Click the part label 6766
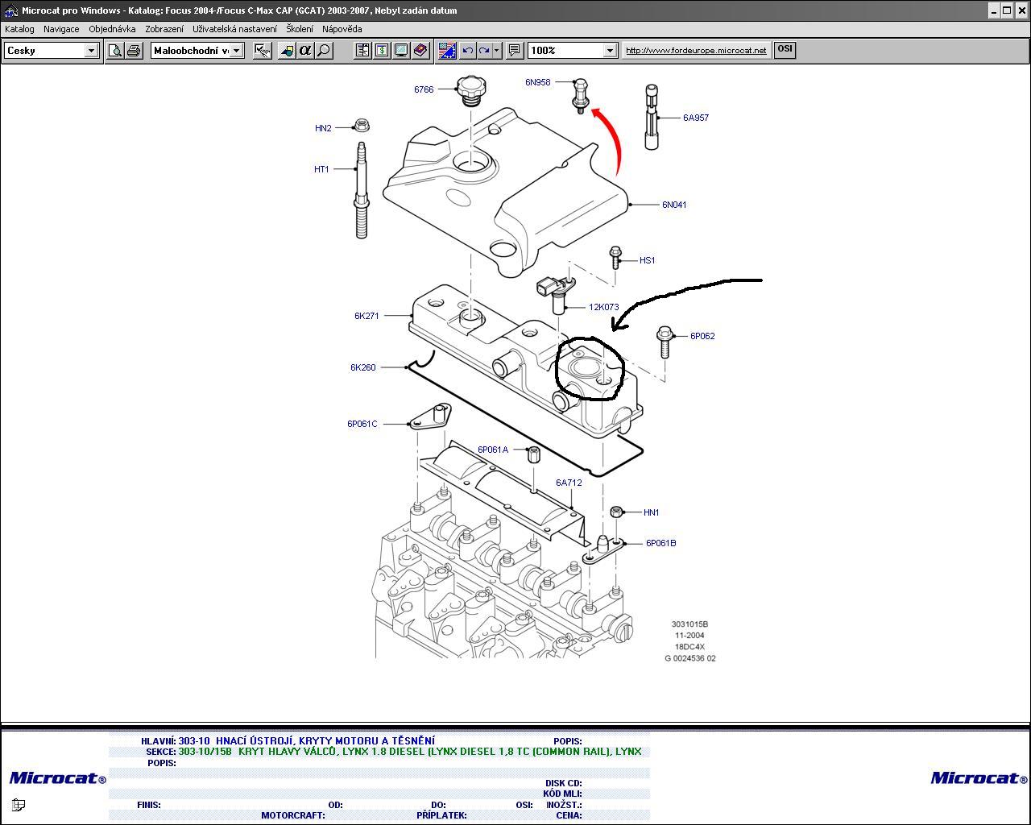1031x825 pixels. tap(424, 89)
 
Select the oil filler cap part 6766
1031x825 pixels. tap(469, 89)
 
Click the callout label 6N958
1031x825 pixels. tap(537, 82)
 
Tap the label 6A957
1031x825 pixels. tap(696, 118)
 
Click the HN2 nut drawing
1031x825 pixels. tap(362, 126)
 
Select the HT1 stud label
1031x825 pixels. tap(321, 169)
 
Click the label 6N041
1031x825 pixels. tap(674, 205)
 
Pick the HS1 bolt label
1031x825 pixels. tap(647, 260)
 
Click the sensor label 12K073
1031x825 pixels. tap(603, 307)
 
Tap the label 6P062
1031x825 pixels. tap(702, 336)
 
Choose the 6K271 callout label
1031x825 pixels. tap(366, 316)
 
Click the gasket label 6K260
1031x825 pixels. tap(362, 367)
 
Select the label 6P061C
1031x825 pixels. tap(362, 424)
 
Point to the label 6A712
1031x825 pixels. tap(568, 483)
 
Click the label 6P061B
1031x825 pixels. tap(660, 543)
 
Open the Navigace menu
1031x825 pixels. tap(61, 29)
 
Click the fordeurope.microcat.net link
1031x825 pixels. tap(696, 50)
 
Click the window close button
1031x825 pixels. tap(1021, 10)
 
